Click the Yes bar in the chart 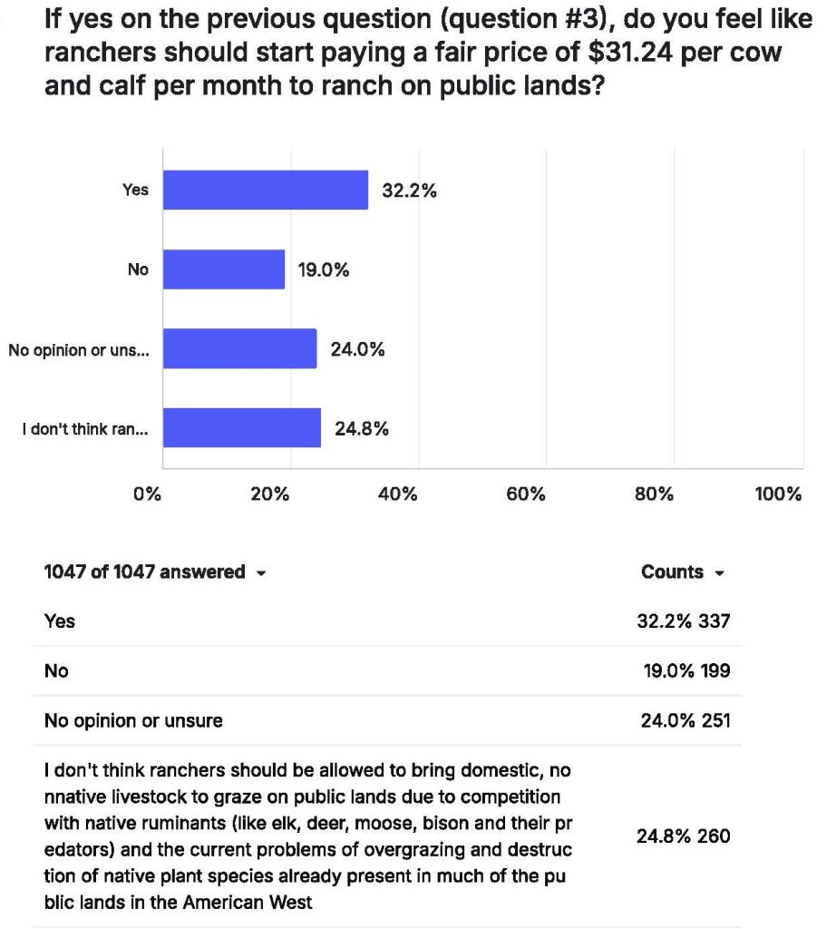pyautogui.click(x=266, y=190)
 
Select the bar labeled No pyautogui.click(x=224, y=269)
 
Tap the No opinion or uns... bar pyautogui.click(x=240, y=348)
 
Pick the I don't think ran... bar pyautogui.click(x=242, y=427)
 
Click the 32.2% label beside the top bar pyautogui.click(x=409, y=191)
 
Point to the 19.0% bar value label pyautogui.click(x=324, y=269)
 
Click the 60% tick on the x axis pyautogui.click(x=526, y=494)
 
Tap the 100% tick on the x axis pyautogui.click(x=778, y=494)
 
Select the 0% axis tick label pyautogui.click(x=147, y=494)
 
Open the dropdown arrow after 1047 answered pyautogui.click(x=261, y=573)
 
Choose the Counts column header pyautogui.click(x=672, y=572)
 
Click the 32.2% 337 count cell pyautogui.click(x=684, y=621)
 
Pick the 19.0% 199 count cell pyautogui.click(x=685, y=671)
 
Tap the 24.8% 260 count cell pyautogui.click(x=683, y=836)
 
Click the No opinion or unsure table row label pyautogui.click(x=133, y=721)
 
